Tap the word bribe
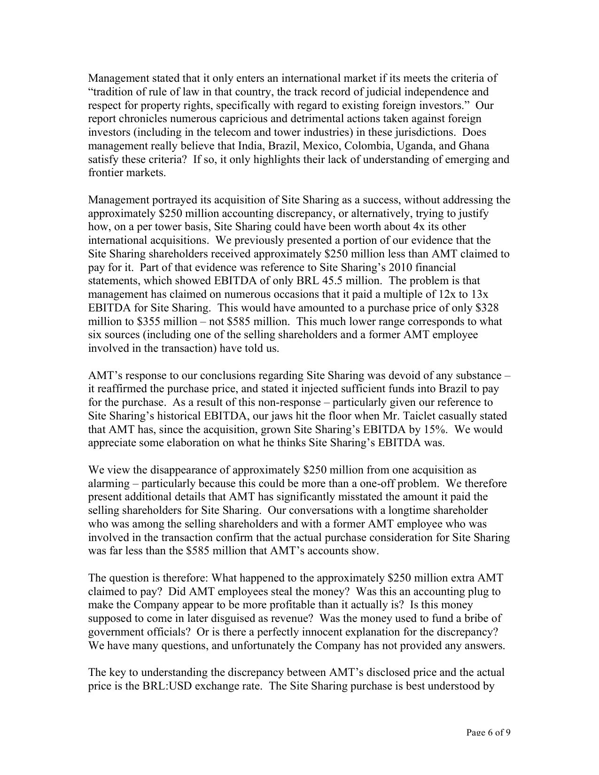[478, 619]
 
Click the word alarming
[108, 483]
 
